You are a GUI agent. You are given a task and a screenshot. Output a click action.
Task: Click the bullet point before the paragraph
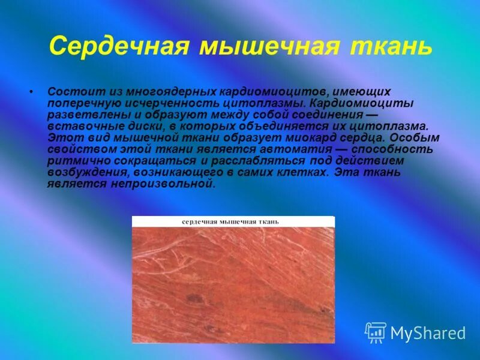[x=31, y=94]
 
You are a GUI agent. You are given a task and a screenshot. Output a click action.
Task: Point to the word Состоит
[x=68, y=92]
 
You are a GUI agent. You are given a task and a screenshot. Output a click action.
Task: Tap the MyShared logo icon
[x=376, y=332]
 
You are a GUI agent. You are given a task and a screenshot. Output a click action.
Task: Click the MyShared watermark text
[x=428, y=334]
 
